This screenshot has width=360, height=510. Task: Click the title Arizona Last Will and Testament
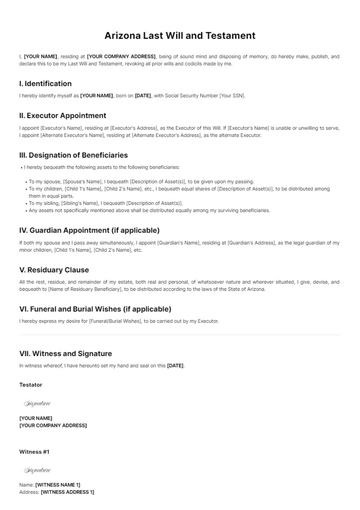point(180,35)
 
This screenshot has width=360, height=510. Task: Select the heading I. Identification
point(45,84)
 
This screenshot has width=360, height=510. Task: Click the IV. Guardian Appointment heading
point(89,230)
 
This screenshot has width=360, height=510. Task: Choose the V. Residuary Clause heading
point(54,269)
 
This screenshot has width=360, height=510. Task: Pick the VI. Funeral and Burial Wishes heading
point(95,309)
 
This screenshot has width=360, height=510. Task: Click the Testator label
point(31,385)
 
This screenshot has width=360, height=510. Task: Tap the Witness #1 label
point(34,451)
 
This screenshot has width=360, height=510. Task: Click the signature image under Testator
point(38,403)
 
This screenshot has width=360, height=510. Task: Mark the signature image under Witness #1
point(38,469)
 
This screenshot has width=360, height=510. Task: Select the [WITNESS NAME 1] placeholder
point(58,485)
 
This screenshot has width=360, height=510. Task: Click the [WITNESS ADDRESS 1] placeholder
point(68,492)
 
